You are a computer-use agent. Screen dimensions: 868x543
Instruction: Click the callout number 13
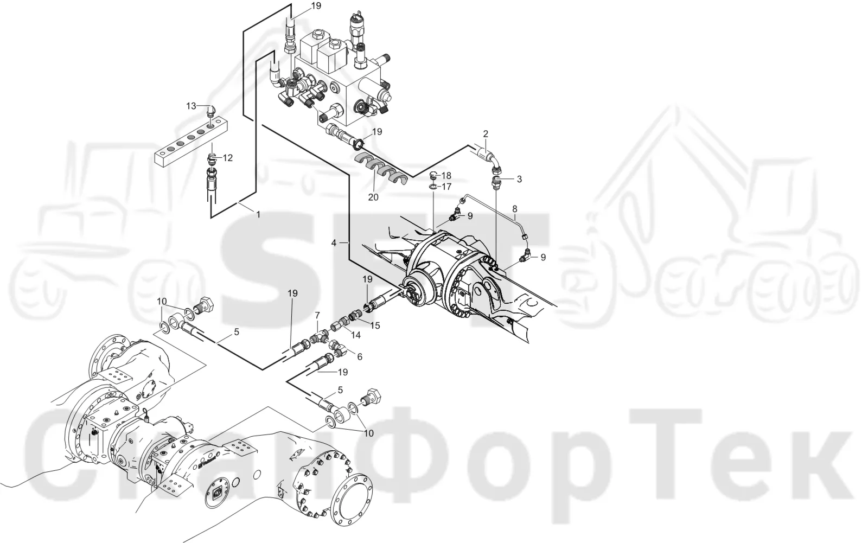(x=192, y=106)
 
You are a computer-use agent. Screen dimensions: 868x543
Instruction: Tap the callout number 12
(x=227, y=158)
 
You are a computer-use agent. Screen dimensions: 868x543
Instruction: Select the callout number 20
(x=373, y=197)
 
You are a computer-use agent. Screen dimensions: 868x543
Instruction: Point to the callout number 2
(x=486, y=134)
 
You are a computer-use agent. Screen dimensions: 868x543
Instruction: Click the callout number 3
(x=519, y=179)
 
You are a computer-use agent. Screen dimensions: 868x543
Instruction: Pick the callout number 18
(x=446, y=176)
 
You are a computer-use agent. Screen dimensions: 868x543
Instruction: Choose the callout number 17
(x=446, y=187)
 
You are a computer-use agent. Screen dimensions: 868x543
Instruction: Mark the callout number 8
(x=515, y=209)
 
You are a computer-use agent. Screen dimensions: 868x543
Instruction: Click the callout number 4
(x=334, y=243)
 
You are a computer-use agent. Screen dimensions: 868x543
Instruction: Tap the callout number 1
(x=258, y=214)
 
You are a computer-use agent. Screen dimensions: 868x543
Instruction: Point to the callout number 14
(x=355, y=335)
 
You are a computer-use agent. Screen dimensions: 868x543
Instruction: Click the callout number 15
(x=375, y=325)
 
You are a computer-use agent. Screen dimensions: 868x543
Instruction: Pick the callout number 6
(x=360, y=356)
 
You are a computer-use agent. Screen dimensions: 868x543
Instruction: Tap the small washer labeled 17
(x=433, y=187)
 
